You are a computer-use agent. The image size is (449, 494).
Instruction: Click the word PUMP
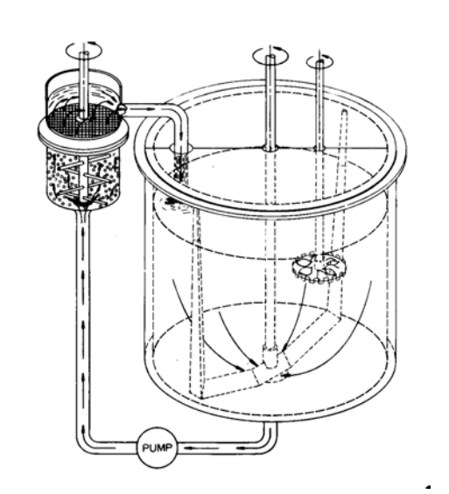pyautogui.click(x=158, y=448)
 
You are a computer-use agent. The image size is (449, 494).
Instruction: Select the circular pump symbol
pyautogui.click(x=157, y=448)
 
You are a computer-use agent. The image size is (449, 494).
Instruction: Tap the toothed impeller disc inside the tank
pyautogui.click(x=319, y=268)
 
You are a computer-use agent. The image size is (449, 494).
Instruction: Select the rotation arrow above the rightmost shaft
pyautogui.click(x=320, y=60)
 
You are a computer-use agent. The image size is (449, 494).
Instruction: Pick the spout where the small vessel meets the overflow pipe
pyautogui.click(x=123, y=109)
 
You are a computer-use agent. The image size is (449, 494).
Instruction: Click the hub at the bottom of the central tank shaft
pyautogui.click(x=270, y=357)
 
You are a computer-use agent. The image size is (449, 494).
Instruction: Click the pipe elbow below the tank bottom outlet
pyautogui.click(x=269, y=441)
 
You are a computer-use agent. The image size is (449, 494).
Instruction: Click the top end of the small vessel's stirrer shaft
pyautogui.click(x=84, y=52)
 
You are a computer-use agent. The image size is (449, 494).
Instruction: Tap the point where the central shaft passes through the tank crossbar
pyautogui.click(x=270, y=147)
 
